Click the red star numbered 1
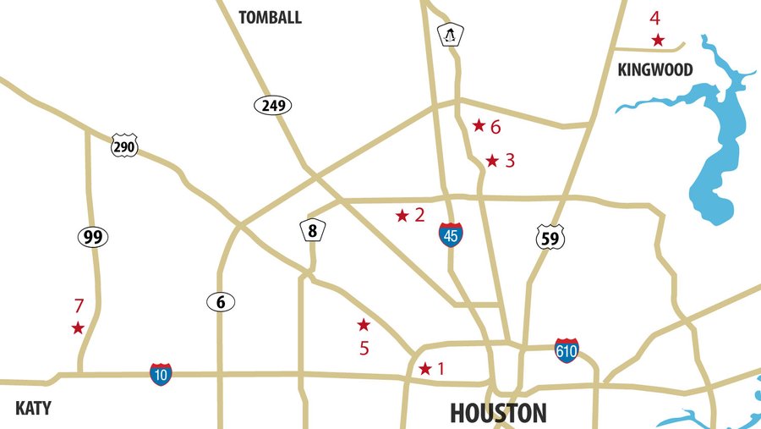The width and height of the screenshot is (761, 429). tap(425, 369)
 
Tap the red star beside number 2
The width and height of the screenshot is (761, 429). tap(402, 216)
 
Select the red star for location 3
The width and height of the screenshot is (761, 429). tap(492, 161)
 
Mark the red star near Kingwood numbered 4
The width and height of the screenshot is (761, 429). tap(658, 40)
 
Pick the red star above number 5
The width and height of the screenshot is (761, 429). tap(364, 325)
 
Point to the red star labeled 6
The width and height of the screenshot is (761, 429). tap(479, 125)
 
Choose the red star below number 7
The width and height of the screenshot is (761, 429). tap(78, 327)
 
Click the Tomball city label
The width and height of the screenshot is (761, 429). tap(270, 18)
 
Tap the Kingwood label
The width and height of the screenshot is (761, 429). tap(655, 69)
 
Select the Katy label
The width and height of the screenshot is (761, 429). tap(33, 409)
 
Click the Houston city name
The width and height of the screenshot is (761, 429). tap(498, 413)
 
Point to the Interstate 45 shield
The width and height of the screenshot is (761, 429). tap(451, 235)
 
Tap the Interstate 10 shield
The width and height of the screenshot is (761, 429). tap(161, 374)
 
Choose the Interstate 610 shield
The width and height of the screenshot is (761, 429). tap(567, 350)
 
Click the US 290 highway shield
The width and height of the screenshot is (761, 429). tap(124, 146)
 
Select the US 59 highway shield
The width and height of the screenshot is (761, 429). tap(550, 238)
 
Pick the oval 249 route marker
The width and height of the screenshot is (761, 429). tap(272, 106)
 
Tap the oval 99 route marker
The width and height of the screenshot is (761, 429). tap(93, 237)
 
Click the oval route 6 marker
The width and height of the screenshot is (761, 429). tap(220, 301)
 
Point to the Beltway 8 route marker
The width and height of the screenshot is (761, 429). tap(312, 230)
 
